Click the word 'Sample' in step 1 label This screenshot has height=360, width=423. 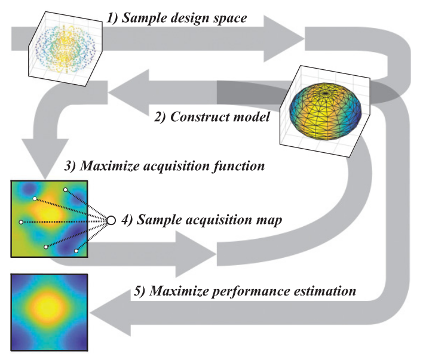pyautogui.click(x=145, y=18)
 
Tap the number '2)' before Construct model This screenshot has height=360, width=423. pyautogui.click(x=161, y=116)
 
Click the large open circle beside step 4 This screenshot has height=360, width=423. pyautogui.click(x=110, y=220)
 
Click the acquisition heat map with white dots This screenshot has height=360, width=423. pyautogui.click(x=50, y=219)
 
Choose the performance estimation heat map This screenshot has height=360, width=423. pyautogui.click(x=50, y=312)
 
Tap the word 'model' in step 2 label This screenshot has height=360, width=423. pyautogui.click(x=254, y=116)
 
